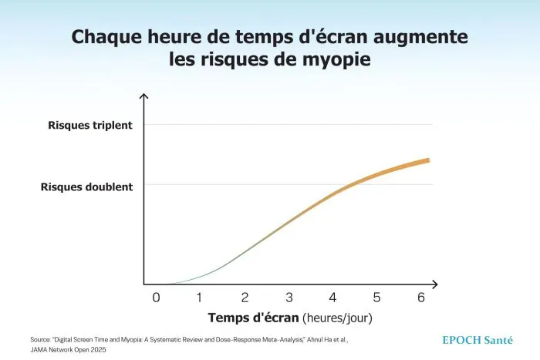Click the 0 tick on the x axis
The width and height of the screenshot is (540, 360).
156,298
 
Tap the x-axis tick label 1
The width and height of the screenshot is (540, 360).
199,298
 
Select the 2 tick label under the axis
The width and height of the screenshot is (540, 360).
245,298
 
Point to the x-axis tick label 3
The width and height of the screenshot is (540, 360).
289,298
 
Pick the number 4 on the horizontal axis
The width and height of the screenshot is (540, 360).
332,298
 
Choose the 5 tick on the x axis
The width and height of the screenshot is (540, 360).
376,298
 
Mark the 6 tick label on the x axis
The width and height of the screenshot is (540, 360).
421,298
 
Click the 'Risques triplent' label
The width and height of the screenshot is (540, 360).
90,126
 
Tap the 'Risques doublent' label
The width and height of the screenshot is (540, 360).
86,187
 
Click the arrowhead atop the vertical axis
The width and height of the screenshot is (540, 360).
143,96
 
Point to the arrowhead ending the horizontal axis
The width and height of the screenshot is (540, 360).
435,284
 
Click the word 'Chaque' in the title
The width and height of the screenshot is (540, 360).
106,37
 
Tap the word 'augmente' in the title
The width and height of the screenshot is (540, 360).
420,37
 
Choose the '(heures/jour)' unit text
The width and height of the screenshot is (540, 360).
338,318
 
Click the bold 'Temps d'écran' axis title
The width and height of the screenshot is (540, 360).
253,318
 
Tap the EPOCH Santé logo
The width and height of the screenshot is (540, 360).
478,341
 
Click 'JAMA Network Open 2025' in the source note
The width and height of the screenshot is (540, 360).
68,350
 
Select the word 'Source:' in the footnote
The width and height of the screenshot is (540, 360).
40,340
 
